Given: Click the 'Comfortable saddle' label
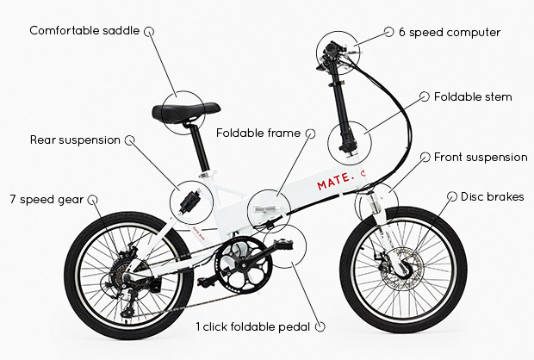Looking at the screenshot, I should coord(84,30).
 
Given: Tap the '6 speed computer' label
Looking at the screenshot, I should coord(449,32).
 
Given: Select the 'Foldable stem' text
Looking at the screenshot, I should coord(472,96).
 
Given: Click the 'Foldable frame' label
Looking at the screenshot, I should coord(258,133).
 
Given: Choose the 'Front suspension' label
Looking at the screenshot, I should coord(480,157).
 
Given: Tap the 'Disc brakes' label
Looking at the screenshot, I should coord(492,196).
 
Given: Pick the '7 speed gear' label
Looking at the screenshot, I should coord(46,200).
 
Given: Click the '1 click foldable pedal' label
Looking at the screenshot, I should coord(254,326).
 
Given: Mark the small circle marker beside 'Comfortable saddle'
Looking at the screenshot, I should coord(149,30).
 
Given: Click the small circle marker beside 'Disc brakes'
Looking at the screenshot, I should coord(451,196).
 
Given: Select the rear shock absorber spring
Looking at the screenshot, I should coord(191,200).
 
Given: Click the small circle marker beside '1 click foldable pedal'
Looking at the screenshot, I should coord(322,326).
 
